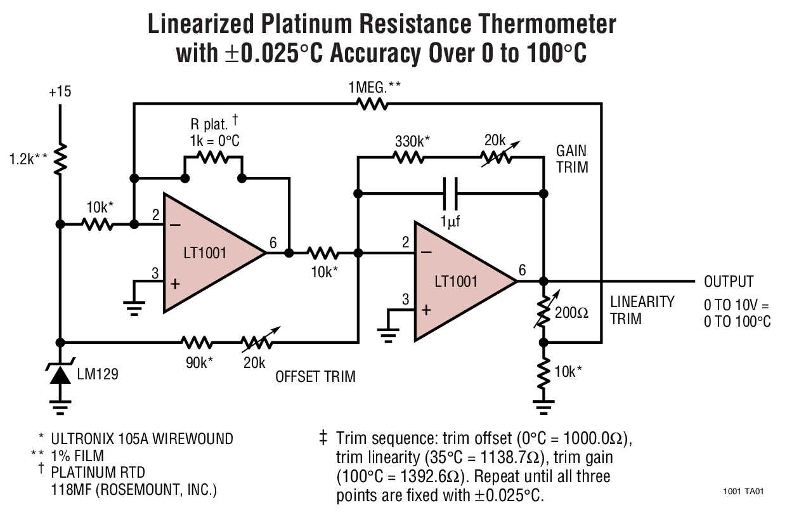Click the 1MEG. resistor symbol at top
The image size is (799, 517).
373,103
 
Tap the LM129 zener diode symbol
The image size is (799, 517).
60,374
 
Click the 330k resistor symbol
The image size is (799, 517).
410,157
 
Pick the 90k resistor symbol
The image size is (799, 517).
197,343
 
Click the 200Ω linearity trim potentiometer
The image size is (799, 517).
543,311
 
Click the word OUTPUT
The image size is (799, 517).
729,282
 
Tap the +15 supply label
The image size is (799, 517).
60,92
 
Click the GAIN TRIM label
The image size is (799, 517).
571,159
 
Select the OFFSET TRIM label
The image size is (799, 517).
315,377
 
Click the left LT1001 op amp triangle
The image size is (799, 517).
209,252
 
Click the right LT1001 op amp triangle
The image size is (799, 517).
460,281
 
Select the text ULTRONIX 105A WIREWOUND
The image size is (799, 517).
142,439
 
